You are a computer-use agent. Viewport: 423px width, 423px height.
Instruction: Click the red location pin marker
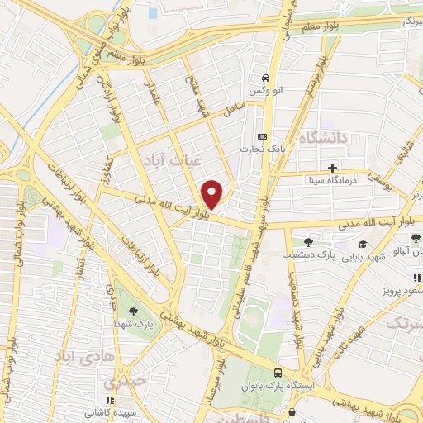coord(212,194)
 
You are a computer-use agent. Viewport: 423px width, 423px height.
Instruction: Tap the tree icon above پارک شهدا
coord(134,311)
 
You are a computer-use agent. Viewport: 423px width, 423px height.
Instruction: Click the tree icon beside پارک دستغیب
coord(308,242)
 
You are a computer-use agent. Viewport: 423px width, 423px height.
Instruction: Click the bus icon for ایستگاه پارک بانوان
coord(279,373)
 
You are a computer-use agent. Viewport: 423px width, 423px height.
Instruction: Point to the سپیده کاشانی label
coord(112,410)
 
